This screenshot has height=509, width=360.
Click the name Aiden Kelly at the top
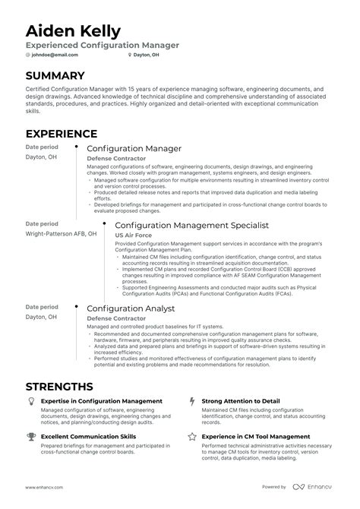pos(73,30)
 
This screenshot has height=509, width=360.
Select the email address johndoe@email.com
pos(55,55)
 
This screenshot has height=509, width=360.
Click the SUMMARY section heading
pos(55,76)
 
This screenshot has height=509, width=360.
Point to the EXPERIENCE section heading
pos(62,134)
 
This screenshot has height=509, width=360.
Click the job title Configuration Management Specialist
pos(191,226)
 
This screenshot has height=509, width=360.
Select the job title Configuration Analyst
pos(131,308)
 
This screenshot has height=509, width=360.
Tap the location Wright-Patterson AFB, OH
pos(61,235)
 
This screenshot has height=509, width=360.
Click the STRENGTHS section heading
pos(59,386)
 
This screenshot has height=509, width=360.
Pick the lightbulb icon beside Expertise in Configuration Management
pos(30,400)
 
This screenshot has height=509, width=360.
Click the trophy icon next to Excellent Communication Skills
pos(30,437)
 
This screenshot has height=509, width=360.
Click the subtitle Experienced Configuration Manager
pos(103,45)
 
